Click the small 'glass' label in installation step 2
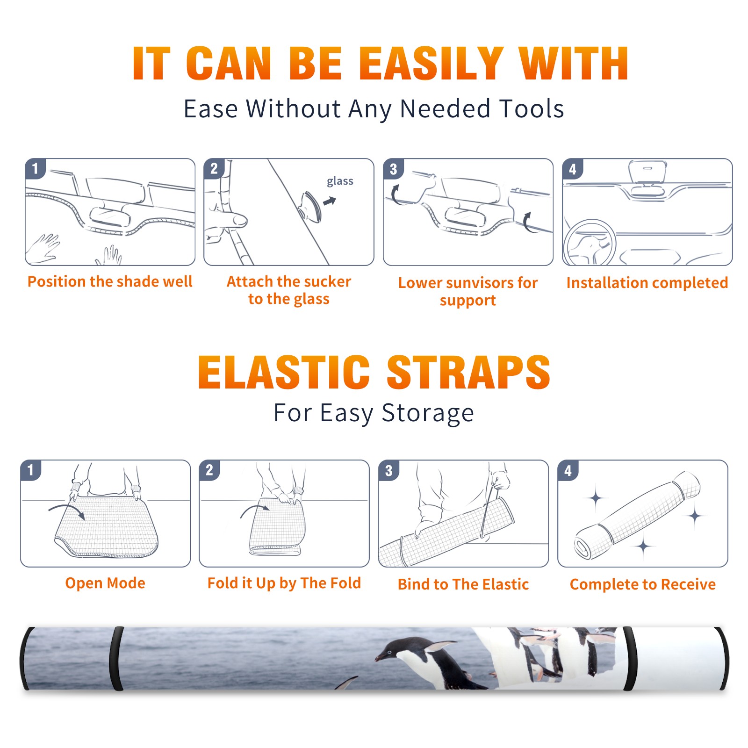coord(340,181)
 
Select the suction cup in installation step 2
coord(310,206)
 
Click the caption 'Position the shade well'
coord(110,281)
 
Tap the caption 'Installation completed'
coord(647,283)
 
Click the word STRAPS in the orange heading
coord(468,372)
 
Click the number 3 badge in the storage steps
coord(388,470)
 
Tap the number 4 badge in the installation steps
coord(572,169)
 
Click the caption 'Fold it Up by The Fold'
coord(284,583)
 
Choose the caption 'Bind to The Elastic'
coord(463,584)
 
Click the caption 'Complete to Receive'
coord(643,584)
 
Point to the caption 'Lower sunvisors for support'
coord(468,291)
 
